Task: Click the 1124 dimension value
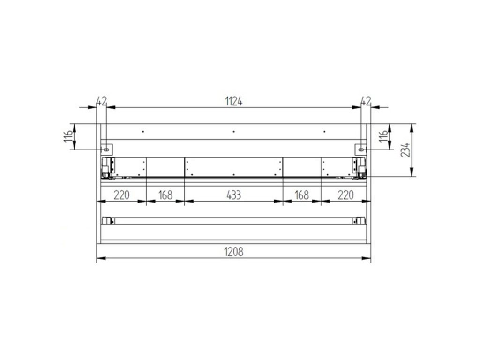coord(233,101)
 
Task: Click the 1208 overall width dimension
coord(233,252)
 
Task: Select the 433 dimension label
coord(233,195)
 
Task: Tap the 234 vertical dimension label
coord(405,150)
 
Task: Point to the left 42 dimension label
coord(102,101)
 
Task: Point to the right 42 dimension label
coord(366,101)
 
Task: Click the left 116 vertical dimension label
coord(68,136)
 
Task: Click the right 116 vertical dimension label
coord(383,136)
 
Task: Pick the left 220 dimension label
coord(121,195)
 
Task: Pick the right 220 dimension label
coord(345,195)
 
